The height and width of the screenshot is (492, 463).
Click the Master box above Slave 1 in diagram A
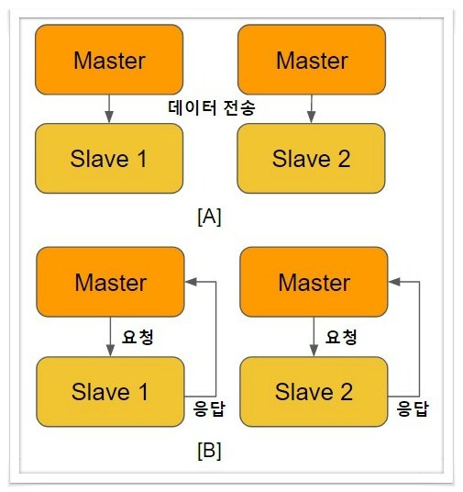tap(109, 60)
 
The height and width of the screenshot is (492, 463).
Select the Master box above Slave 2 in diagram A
tap(312, 60)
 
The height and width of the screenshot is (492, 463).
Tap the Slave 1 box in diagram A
tap(109, 159)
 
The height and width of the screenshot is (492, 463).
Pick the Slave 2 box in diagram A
tap(311, 159)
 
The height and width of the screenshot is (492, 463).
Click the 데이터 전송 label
tap(212, 108)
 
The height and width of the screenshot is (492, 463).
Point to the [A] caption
tap(209, 217)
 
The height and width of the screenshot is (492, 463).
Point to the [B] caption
tap(209, 451)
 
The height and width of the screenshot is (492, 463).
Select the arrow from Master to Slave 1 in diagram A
tap(109, 108)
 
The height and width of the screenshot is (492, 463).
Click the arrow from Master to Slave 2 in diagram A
tap(311, 108)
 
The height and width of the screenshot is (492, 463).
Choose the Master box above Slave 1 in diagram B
tap(110, 282)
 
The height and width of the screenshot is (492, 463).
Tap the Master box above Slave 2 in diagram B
tap(314, 282)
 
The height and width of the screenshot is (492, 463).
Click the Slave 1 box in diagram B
tap(110, 392)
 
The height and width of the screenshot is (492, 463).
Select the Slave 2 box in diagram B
tap(314, 392)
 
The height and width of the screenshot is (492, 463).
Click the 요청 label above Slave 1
tap(138, 337)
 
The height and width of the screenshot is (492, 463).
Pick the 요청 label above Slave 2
tap(341, 337)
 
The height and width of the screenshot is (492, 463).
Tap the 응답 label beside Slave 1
tap(209, 408)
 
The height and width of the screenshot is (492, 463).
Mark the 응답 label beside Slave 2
tap(413, 408)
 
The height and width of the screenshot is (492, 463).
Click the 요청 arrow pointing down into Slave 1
tap(110, 337)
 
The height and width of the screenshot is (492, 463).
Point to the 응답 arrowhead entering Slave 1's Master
tap(191, 282)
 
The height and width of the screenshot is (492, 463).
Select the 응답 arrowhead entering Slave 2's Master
tap(394, 282)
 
